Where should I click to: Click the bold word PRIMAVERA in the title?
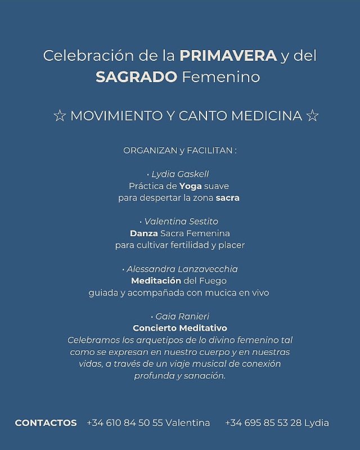[x=228, y=56]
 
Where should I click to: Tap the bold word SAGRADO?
[x=137, y=77]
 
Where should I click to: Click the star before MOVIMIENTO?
[x=59, y=116]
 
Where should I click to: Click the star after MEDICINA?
[x=313, y=116]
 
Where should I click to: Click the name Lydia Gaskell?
[x=180, y=174]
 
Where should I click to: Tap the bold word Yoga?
[x=190, y=186]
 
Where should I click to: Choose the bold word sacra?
[x=227, y=198]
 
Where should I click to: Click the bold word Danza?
[x=144, y=233]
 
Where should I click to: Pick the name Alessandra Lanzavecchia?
[x=182, y=269]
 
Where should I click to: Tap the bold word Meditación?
[x=156, y=281]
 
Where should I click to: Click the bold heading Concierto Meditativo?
[x=180, y=328]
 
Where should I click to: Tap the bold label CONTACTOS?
[x=46, y=422]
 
